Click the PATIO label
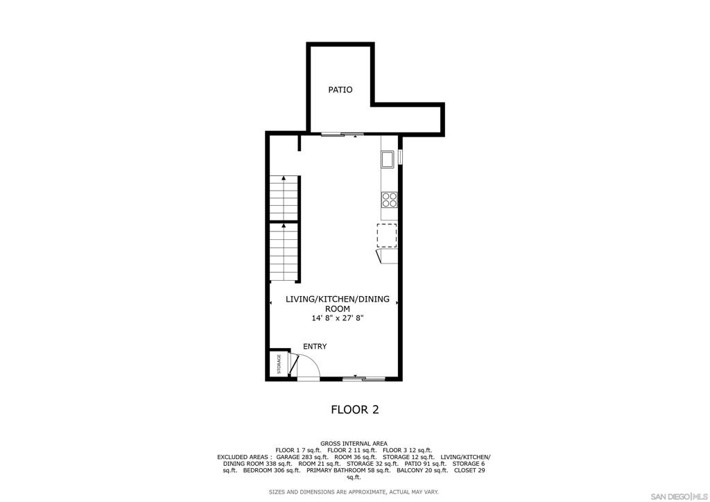pyautogui.click(x=340, y=89)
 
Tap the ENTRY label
pyautogui.click(x=315, y=346)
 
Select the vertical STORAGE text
pyautogui.click(x=279, y=364)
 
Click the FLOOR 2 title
pyautogui.click(x=355, y=410)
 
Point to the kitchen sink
pyautogui.click(x=388, y=159)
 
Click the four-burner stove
pyautogui.click(x=390, y=200)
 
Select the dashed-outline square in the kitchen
pyautogui.click(x=387, y=235)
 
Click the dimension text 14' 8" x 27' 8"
pyautogui.click(x=338, y=318)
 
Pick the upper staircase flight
pyautogui.click(x=284, y=198)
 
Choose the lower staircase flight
pyautogui.click(x=284, y=252)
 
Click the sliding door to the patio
pyautogui.click(x=343, y=134)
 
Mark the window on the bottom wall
pyautogui.click(x=363, y=379)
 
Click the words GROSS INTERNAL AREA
pyautogui.click(x=354, y=444)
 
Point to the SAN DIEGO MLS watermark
pyautogui.click(x=679, y=496)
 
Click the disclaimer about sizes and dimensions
pyautogui.click(x=354, y=492)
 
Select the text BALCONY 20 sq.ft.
pyautogui.click(x=422, y=471)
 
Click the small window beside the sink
pyautogui.click(x=401, y=157)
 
